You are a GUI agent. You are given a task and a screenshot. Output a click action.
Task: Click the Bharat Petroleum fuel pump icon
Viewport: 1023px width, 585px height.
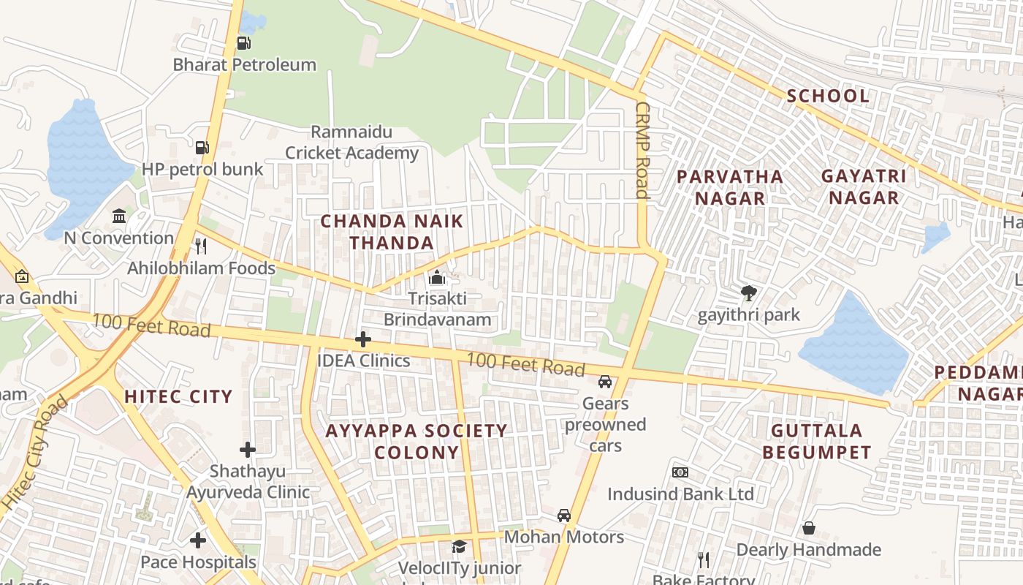coord(243,43)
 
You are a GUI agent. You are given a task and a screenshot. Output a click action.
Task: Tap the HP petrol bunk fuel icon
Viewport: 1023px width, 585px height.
coord(202,148)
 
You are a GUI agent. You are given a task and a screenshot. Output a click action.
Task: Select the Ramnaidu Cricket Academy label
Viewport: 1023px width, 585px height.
coord(351,143)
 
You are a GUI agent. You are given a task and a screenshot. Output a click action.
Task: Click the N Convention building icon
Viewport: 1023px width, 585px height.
coord(119,216)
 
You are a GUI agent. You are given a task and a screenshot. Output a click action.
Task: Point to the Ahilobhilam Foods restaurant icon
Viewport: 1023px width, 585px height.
coord(202,246)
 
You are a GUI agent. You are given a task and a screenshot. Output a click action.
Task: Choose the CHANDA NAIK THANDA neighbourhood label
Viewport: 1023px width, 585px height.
coord(392,232)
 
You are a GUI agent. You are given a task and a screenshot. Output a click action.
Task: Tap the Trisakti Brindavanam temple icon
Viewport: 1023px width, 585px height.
coord(437,277)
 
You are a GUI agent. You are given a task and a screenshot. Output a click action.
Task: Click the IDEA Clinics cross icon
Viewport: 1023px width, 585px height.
coord(363,339)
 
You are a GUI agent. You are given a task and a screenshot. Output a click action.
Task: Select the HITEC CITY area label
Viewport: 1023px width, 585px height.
coord(178,397)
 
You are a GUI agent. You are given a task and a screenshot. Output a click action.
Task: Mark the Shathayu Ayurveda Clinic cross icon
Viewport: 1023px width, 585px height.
coord(248,449)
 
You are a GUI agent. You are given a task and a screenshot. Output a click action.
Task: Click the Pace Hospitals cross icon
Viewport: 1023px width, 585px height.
coord(198,540)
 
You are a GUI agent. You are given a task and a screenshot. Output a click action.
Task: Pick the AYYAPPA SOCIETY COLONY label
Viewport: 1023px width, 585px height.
coord(417,442)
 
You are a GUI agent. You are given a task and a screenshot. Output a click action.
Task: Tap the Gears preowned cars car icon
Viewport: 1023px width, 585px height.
coord(605,382)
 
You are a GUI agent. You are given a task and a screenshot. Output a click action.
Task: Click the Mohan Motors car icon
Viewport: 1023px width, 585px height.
coord(564,516)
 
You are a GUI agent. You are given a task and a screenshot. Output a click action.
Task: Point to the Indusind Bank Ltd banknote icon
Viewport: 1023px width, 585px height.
coord(680,472)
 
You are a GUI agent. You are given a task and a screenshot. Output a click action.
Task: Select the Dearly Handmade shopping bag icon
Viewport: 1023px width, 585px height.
coord(809,528)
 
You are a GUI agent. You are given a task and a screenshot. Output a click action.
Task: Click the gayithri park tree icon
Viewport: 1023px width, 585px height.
coord(748,293)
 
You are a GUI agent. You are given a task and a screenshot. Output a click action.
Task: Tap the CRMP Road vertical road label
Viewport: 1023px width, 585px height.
coord(642,150)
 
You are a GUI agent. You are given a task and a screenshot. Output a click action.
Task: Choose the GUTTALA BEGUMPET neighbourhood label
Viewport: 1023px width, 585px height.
coord(817,442)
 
